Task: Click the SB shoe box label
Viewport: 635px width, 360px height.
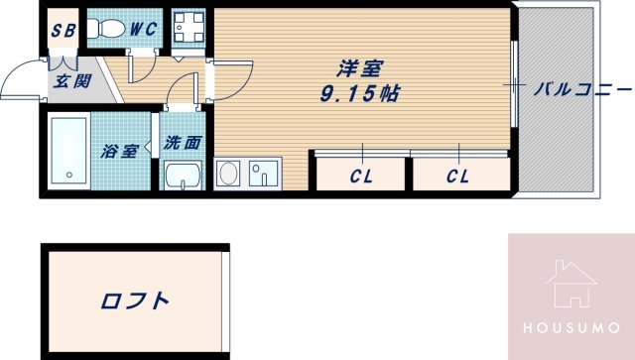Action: click(63, 29)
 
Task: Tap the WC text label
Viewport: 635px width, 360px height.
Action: click(143, 29)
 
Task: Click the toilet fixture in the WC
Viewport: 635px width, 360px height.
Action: click(102, 30)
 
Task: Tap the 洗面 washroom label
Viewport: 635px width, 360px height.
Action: click(183, 143)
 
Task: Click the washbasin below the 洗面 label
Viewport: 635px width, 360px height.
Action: click(183, 178)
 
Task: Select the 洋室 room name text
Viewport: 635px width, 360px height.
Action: click(357, 69)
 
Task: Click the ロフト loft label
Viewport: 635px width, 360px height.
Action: click(134, 300)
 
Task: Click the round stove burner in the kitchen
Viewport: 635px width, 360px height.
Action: click(227, 176)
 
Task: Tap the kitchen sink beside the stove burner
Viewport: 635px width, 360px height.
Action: click(264, 176)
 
